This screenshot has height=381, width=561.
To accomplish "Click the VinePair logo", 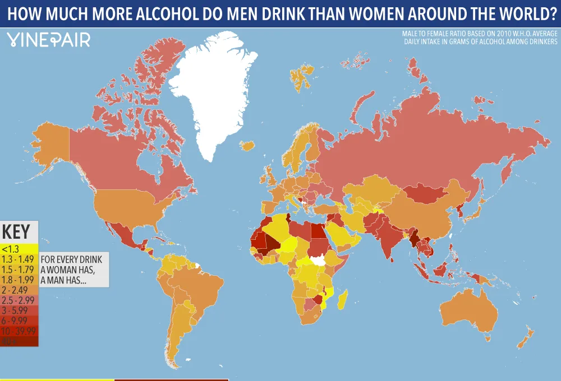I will pos(48,40).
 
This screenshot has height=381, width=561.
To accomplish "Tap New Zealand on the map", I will pos(526,339).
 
